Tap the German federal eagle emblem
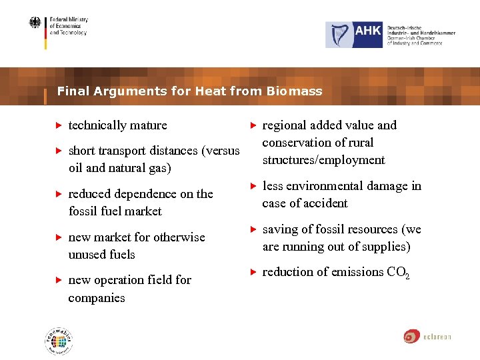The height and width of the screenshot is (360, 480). tap(35, 23)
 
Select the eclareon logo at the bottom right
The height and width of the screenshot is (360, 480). tap(427, 336)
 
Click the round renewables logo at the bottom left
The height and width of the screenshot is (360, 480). tap(59, 342)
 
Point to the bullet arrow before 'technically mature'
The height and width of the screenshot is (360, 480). tap(58, 125)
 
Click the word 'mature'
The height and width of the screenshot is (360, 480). tap(148, 125)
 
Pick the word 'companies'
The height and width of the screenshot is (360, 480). tap(97, 298)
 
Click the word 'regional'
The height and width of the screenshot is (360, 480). tap(285, 125)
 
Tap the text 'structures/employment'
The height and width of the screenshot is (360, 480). tap(323, 160)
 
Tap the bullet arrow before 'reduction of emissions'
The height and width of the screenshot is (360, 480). tap(253, 272)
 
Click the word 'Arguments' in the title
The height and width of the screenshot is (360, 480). tap(125, 91)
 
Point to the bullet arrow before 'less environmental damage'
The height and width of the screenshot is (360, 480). tap(253, 186)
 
